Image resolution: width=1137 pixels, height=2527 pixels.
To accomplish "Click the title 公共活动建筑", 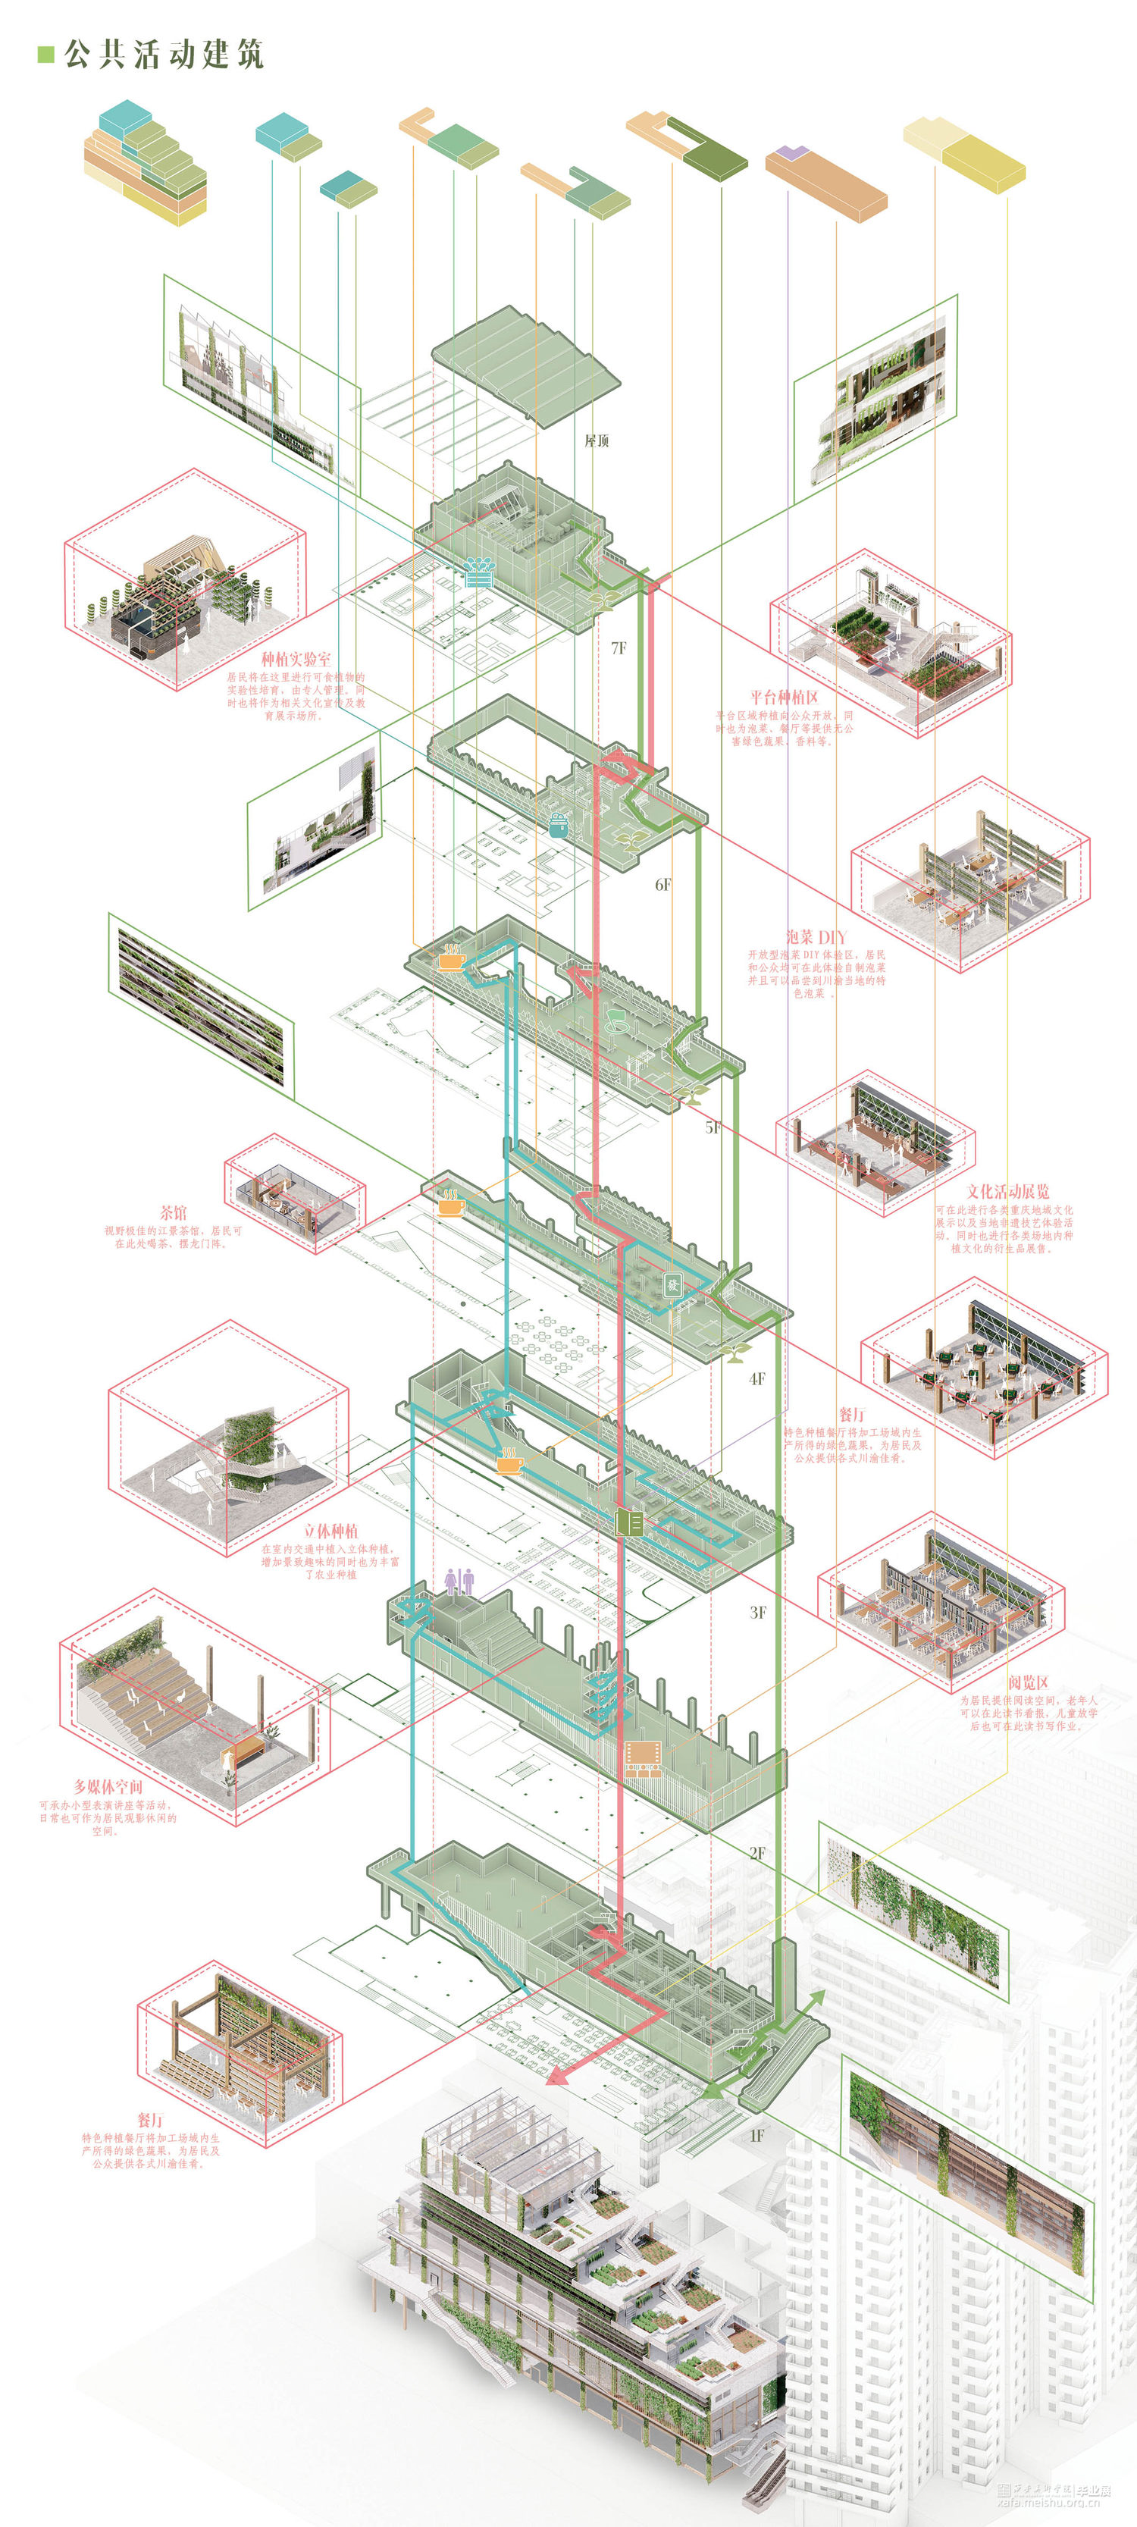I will coord(164,54).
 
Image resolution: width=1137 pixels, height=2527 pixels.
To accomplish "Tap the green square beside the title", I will coord(45,54).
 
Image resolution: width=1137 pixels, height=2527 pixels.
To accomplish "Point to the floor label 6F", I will coord(664,885).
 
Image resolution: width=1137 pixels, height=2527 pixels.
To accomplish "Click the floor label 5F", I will coord(713,1128).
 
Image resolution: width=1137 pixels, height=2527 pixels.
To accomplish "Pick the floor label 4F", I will coord(756,1378).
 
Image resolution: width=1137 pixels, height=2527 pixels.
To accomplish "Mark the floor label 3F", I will coord(757,1612).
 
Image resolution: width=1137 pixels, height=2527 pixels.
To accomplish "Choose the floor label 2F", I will coord(757,1853).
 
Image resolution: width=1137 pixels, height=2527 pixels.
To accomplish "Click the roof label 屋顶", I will coord(597,441).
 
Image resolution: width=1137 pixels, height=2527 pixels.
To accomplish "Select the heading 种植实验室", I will coord(296,659).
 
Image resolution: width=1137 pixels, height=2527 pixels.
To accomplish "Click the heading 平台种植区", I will coord(785,698).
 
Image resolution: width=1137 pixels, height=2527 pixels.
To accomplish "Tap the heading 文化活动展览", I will coord(1007,1192).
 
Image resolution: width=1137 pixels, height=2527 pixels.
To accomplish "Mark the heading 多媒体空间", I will coord(108,1787).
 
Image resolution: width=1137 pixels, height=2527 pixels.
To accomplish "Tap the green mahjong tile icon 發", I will coord(673,1285).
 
